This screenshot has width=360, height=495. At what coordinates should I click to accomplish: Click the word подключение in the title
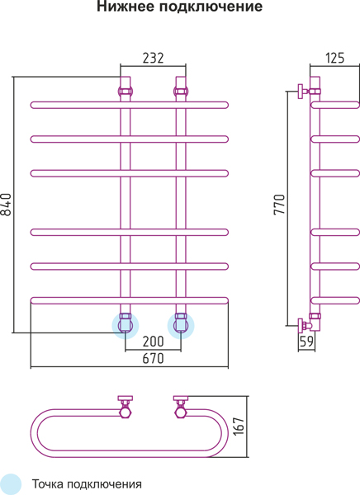211,7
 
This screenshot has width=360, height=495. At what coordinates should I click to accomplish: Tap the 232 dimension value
154,58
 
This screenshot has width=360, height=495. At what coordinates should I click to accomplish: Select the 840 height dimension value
6,205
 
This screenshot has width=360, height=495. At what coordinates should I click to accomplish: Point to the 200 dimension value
154,342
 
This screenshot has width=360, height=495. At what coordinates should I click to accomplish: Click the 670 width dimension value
154,358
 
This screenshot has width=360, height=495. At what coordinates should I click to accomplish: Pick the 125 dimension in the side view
334,58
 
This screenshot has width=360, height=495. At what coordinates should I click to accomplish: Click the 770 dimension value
279,205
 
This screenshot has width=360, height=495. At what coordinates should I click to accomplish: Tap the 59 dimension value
306,342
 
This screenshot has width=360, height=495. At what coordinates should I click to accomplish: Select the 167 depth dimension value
239,427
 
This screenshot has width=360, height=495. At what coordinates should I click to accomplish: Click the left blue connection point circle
126,326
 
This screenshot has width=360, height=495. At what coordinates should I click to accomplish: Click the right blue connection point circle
181,326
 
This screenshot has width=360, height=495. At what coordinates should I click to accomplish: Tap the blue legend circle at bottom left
9,484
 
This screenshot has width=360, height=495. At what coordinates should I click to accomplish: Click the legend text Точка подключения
87,484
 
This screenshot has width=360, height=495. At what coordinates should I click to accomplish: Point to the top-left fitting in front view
126,92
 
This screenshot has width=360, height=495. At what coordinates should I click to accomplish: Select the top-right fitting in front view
181,92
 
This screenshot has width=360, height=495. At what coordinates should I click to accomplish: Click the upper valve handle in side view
301,92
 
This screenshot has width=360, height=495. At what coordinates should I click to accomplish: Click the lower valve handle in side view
301,325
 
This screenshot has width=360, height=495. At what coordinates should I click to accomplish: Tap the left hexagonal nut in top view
126,412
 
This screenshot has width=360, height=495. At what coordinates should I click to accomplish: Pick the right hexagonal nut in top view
181,412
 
